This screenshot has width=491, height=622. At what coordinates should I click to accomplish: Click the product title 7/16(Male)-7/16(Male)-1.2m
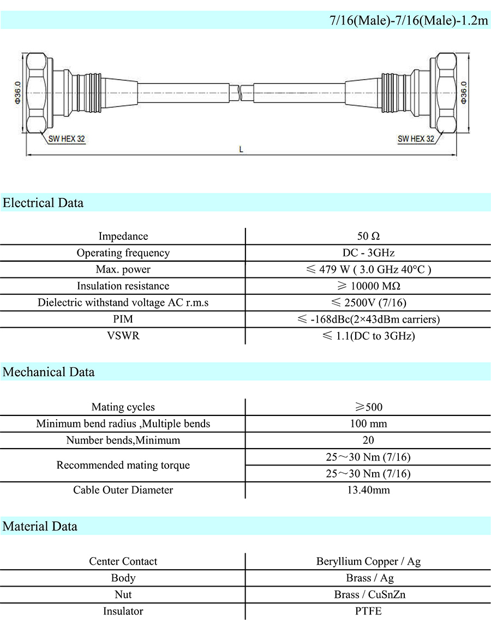point(409,21)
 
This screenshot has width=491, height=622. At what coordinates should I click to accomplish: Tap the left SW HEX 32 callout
point(67,139)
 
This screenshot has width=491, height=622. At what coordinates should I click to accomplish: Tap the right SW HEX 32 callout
point(416,139)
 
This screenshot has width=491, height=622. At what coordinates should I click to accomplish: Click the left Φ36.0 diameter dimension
point(18,93)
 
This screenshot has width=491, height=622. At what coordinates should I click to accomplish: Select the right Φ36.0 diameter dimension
point(464,93)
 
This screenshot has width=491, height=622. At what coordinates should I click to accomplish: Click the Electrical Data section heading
point(43,203)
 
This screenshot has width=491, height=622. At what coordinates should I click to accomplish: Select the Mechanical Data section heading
point(49,372)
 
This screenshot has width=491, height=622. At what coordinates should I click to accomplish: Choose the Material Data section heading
point(40,526)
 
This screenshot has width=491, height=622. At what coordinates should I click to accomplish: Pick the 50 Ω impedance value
point(368,236)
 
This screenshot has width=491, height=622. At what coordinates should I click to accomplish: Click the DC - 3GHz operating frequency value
point(368,253)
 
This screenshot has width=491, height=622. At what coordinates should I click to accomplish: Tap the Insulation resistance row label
point(123,286)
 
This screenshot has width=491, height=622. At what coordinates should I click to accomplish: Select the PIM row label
point(123,319)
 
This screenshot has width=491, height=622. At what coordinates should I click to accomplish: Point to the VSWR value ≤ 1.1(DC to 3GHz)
point(368,336)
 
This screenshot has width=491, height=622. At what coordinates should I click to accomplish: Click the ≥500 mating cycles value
point(368,407)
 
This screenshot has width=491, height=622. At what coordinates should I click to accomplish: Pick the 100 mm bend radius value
point(368,424)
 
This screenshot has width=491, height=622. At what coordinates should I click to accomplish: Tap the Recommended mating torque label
point(123,465)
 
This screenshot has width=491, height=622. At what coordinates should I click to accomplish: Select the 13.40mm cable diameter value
point(368,490)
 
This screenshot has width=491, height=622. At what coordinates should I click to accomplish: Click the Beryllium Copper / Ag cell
point(368,561)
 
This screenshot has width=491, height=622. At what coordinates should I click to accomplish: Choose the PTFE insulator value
point(368,611)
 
